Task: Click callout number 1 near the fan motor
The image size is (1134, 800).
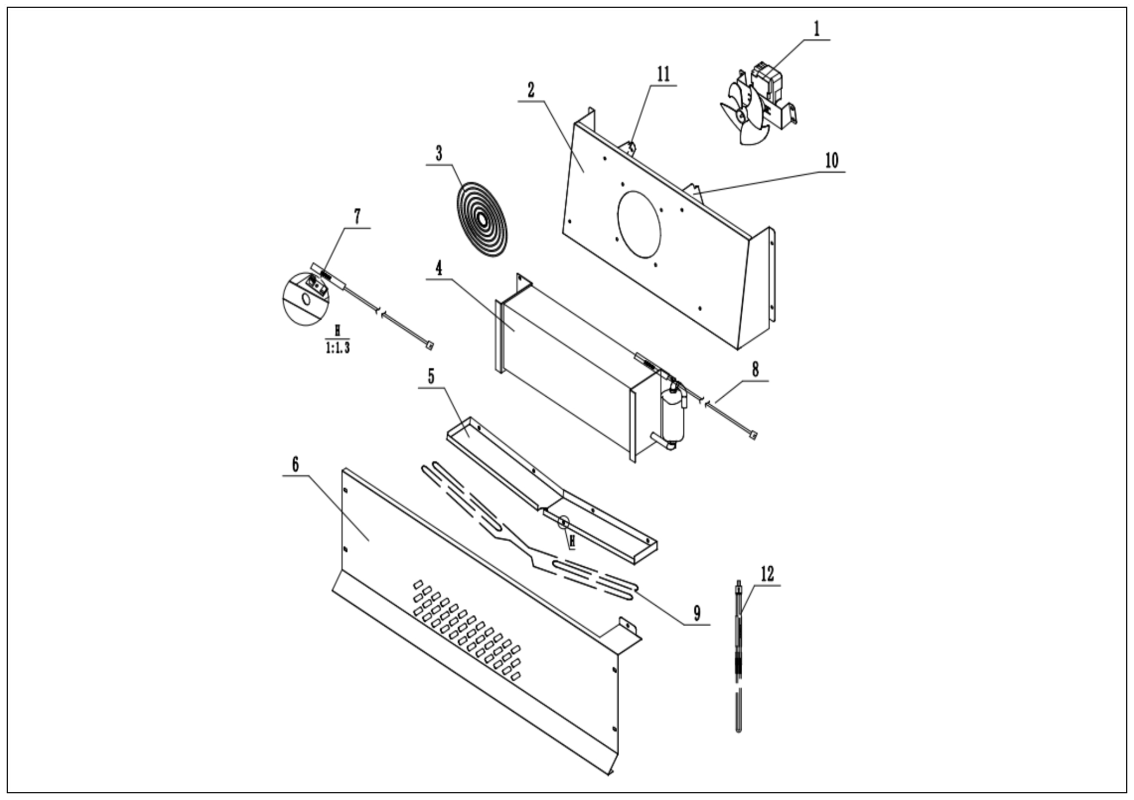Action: [816, 29]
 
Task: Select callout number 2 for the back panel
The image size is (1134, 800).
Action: [531, 90]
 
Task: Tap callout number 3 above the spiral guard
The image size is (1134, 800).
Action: [438, 153]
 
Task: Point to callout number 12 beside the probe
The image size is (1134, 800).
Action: [767, 574]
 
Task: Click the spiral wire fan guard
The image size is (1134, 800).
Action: [481, 219]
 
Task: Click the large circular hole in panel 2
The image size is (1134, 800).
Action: [639, 224]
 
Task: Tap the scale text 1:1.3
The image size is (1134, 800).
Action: [337, 348]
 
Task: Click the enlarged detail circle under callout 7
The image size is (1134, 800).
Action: [306, 298]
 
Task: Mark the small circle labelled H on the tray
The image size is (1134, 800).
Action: [564, 522]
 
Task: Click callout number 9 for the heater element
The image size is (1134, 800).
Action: [697, 613]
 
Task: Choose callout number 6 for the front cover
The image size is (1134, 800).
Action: [295, 464]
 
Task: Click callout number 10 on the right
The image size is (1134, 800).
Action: [832, 161]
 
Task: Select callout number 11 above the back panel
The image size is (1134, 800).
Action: [663, 75]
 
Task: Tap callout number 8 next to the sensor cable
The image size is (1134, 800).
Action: [755, 369]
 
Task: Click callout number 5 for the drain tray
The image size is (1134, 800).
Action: [430, 376]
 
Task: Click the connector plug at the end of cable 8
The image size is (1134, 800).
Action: [753, 435]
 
